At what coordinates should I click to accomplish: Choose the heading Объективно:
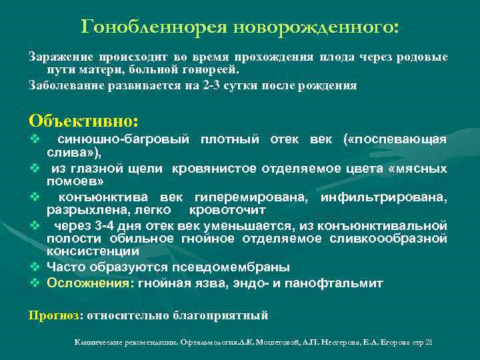click(x=83, y=121)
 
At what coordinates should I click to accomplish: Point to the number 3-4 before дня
click(x=108, y=225)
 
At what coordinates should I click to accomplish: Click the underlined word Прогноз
click(x=53, y=315)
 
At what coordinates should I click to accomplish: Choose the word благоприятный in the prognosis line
click(x=224, y=315)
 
